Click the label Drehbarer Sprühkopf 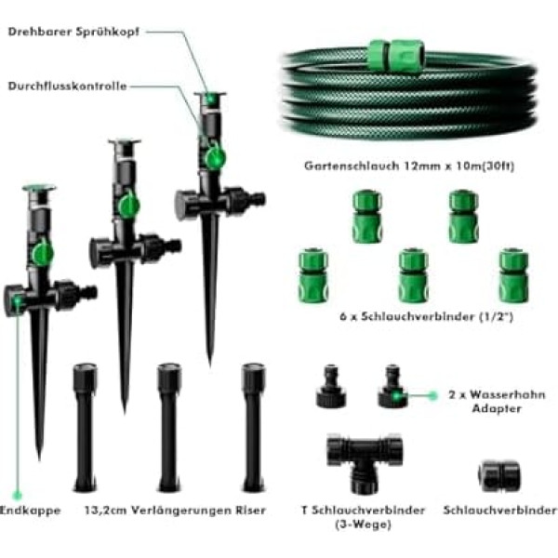coord(73,32)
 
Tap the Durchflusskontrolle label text coord(67,86)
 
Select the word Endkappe coord(31,511)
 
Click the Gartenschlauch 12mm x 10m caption coord(409,166)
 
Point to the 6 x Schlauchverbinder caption coord(426,316)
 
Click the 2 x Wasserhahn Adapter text coord(497,402)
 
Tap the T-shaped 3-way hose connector coord(365,462)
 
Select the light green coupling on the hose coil coord(396,55)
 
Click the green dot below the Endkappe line coord(17,495)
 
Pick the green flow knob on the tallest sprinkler coord(214,155)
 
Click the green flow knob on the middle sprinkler coord(129,205)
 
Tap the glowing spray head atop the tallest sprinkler coord(210,99)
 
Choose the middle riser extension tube coord(169,427)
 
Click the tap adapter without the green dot coord(331,387)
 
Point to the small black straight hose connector coord(498,475)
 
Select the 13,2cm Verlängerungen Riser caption coord(176,511)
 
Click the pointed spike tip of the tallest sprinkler coord(209,366)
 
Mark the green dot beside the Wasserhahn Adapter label coord(432,395)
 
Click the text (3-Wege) coord(363,525)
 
